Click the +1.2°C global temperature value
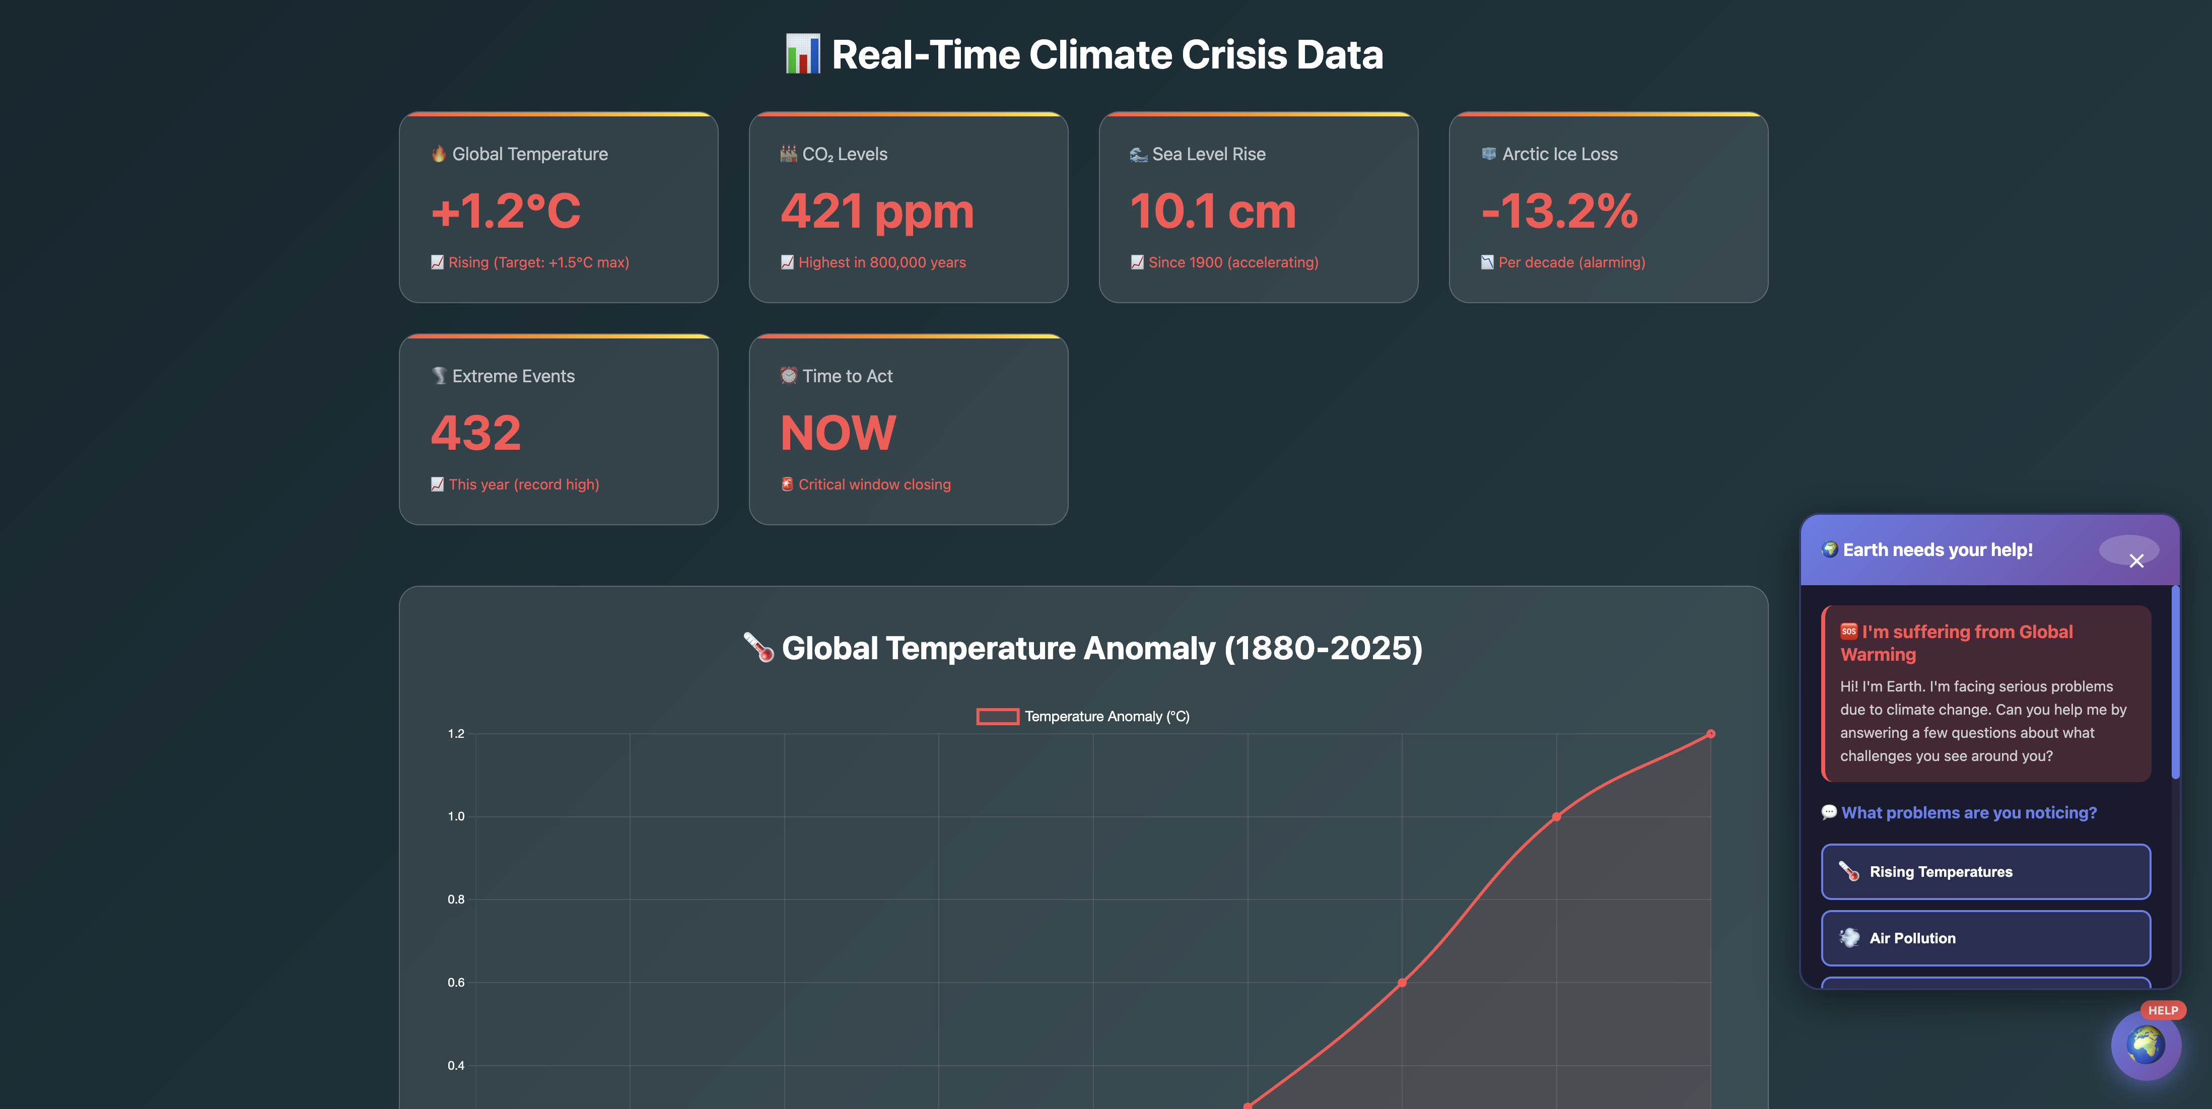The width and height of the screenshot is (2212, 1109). point(506,211)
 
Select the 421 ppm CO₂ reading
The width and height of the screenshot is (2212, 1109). point(877,211)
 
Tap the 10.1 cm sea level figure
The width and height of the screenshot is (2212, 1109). point(1212,211)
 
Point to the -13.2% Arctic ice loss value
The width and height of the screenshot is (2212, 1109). point(1559,211)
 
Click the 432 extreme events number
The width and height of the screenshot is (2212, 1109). point(476,433)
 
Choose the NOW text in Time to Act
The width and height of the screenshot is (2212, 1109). point(838,433)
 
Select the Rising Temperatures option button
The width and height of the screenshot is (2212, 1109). point(1985,871)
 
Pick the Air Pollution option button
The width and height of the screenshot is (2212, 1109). point(1985,937)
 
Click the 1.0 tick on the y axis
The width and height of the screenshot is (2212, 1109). point(456,816)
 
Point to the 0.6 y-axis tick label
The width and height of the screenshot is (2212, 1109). point(456,982)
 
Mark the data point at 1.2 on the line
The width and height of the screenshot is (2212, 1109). point(1710,734)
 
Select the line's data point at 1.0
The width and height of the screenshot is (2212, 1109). point(1556,816)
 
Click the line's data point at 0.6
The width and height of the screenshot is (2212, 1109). point(1402,982)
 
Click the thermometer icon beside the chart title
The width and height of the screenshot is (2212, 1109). point(758,648)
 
